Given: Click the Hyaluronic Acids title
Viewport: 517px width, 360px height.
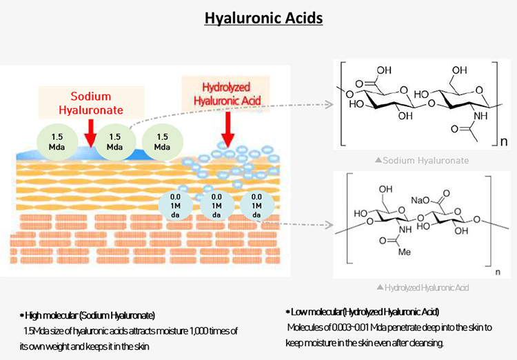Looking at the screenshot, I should [x=263, y=17].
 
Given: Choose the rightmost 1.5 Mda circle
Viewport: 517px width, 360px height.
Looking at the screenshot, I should [x=162, y=141].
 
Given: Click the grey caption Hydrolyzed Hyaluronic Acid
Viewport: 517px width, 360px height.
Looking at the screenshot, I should [x=422, y=286].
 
